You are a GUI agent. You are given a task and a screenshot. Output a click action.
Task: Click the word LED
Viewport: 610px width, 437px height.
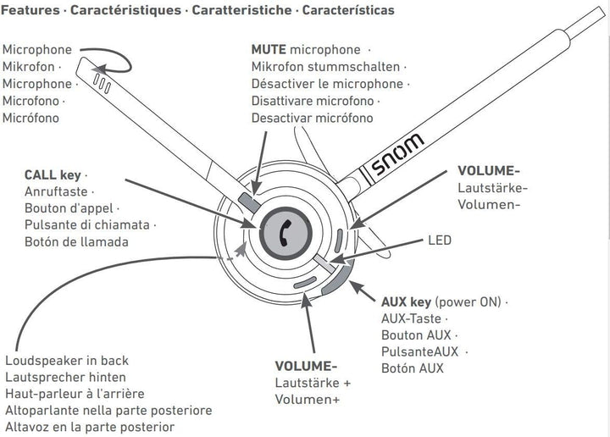(x=440, y=241)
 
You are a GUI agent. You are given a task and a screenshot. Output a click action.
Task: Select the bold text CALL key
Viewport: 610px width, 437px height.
(x=53, y=175)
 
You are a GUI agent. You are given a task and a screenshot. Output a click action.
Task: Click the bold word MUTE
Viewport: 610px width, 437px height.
(x=269, y=51)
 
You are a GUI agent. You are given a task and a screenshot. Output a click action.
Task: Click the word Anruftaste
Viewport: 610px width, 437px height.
(x=59, y=192)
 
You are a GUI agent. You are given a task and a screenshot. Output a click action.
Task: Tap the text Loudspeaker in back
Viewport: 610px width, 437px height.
(x=67, y=360)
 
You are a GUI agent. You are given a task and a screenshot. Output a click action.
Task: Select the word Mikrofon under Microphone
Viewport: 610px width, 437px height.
(x=30, y=67)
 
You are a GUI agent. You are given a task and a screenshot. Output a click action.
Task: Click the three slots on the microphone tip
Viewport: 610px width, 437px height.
(x=102, y=83)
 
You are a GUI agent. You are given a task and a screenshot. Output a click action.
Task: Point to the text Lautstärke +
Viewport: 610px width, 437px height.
(x=313, y=383)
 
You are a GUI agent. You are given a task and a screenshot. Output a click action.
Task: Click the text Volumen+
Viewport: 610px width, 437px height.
(x=308, y=399)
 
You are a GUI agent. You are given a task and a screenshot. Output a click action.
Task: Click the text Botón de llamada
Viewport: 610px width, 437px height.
(x=77, y=241)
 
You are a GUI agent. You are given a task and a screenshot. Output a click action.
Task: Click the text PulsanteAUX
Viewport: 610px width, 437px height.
(x=421, y=351)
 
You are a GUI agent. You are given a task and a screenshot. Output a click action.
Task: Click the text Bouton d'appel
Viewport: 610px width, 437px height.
(x=70, y=208)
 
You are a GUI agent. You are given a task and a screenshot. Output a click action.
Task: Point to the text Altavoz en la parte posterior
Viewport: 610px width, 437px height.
(x=88, y=427)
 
